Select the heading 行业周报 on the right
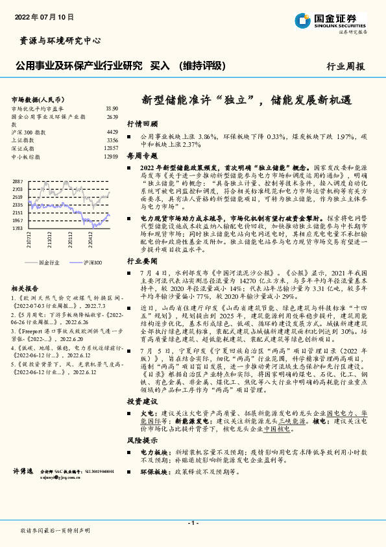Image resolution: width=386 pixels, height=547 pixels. [x=345, y=66]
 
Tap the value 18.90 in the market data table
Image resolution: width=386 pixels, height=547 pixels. [x=112, y=108]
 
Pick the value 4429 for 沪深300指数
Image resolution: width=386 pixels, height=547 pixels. [x=112, y=132]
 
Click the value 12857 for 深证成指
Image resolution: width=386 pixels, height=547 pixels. [x=111, y=149]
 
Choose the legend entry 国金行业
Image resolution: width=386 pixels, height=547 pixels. [x=49, y=262]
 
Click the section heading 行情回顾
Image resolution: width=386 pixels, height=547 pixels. [x=142, y=123]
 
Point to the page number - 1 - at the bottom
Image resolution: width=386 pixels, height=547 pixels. [x=192, y=523]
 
